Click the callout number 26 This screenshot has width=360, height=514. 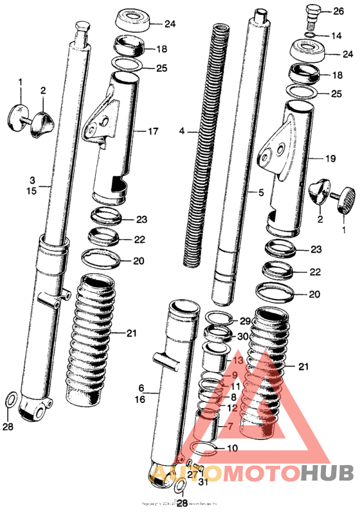point(338,12)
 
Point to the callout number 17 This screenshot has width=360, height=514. point(153,132)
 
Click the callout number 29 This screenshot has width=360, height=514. point(244,321)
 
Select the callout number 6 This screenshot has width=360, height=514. point(142,389)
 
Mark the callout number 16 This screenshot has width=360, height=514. point(142,399)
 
